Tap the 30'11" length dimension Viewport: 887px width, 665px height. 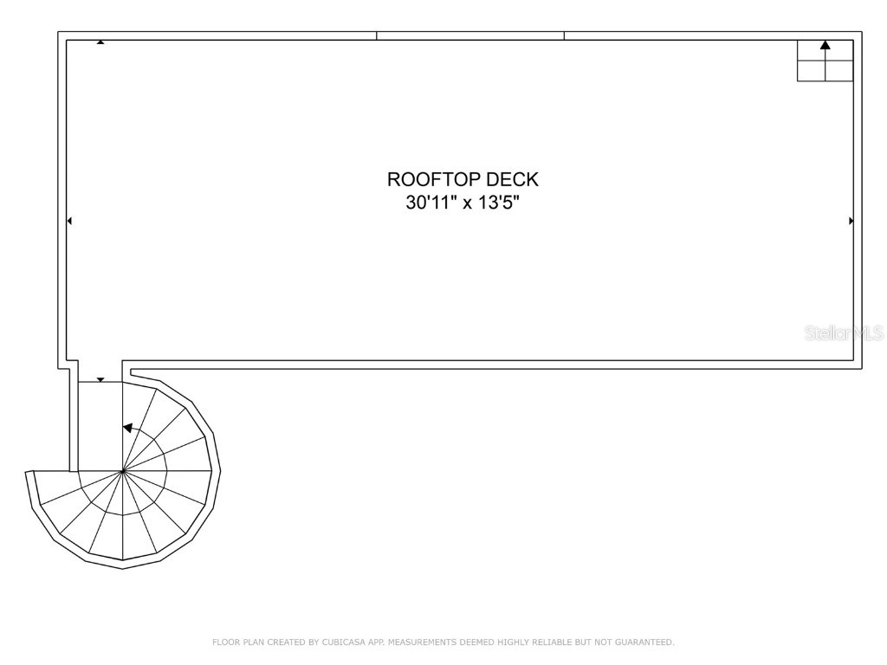point(431,202)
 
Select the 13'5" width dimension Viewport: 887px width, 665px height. point(499,202)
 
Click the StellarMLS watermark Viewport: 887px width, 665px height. point(845,332)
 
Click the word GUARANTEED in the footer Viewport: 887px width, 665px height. point(644,642)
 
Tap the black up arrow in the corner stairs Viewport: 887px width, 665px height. point(825,45)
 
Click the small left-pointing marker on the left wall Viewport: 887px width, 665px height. point(69,221)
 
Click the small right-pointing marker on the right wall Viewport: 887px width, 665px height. point(851,221)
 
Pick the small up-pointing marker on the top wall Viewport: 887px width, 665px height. point(100,42)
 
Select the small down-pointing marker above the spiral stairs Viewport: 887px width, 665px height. point(100,380)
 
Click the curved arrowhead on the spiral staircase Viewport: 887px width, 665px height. point(128,428)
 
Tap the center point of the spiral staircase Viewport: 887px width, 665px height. point(123,470)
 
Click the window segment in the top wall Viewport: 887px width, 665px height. point(470,36)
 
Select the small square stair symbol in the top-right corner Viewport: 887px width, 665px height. point(825,61)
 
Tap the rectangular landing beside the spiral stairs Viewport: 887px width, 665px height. point(100,426)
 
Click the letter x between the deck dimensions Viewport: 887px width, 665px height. point(467,203)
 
